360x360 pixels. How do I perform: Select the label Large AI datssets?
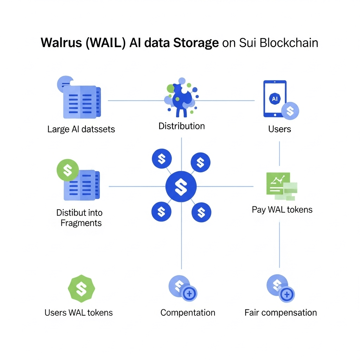pyautogui.click(x=81, y=129)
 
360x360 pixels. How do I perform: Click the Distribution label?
pyautogui.click(x=181, y=126)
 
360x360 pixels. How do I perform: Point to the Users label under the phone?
pyautogui.click(x=279, y=129)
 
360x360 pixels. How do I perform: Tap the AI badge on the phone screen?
pyautogui.click(x=275, y=99)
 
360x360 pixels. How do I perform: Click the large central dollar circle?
pyautogui.click(x=181, y=186)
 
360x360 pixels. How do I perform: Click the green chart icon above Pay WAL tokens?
pyautogui.click(x=280, y=184)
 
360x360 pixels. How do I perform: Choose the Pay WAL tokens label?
pyautogui.click(x=282, y=210)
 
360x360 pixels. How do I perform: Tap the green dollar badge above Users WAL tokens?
pyautogui.click(x=81, y=289)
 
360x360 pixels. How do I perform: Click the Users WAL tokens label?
pyautogui.click(x=79, y=313)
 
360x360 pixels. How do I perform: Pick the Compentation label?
pyautogui.click(x=188, y=313)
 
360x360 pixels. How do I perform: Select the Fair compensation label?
pyautogui.click(x=281, y=313)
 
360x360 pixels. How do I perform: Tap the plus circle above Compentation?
pyautogui.click(x=189, y=294)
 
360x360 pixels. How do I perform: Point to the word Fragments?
pyautogui.click(x=81, y=223)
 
